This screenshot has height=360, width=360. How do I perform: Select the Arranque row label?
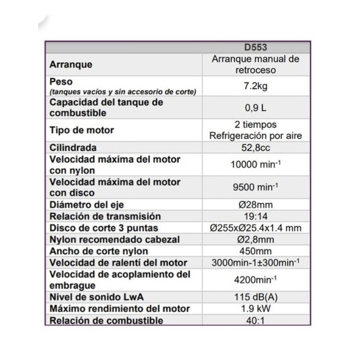click(71, 64)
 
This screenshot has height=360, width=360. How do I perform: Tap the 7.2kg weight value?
click(255, 86)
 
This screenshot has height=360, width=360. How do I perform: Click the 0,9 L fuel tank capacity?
click(255, 108)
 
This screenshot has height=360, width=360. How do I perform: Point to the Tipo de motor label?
click(81, 130)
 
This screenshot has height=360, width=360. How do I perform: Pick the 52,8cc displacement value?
click(255, 148)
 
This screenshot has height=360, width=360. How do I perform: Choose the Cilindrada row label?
click(73, 148)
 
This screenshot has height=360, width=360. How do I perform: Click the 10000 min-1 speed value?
click(255, 165)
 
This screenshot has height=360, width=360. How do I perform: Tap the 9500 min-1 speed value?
click(255, 187)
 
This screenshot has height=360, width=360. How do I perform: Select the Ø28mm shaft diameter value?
click(255, 205)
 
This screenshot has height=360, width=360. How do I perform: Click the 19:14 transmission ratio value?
click(255, 216)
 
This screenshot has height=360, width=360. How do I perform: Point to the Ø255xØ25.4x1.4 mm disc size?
click(255, 228)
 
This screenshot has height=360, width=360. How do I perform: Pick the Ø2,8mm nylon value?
click(255, 240)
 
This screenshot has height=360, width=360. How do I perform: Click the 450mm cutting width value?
click(255, 251)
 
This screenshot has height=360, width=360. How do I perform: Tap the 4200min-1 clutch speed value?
click(255, 280)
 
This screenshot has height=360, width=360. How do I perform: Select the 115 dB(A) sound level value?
click(255, 297)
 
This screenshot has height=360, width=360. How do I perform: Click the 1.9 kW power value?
click(255, 309)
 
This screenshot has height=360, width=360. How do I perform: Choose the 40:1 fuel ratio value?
click(255, 320)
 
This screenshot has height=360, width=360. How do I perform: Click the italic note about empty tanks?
click(123, 92)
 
